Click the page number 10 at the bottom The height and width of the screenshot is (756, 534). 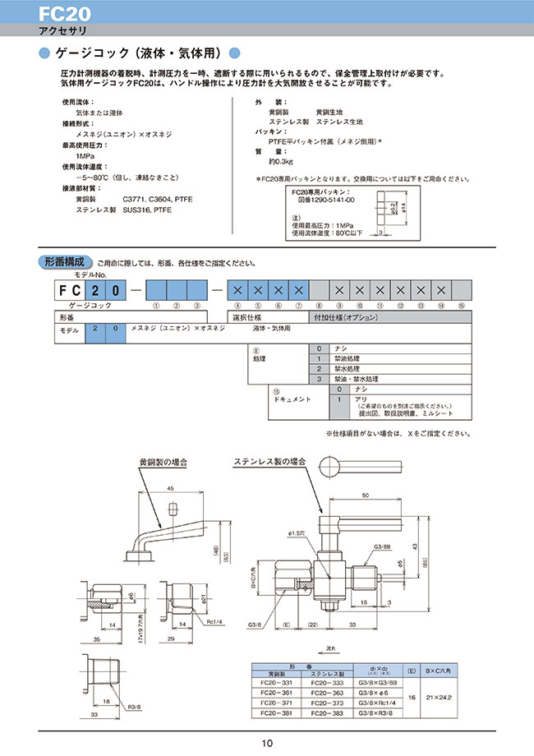click(267, 744)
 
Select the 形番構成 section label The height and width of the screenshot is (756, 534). click(67, 263)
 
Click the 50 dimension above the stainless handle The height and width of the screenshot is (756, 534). click(363, 496)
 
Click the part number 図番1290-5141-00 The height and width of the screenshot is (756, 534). click(325, 200)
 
